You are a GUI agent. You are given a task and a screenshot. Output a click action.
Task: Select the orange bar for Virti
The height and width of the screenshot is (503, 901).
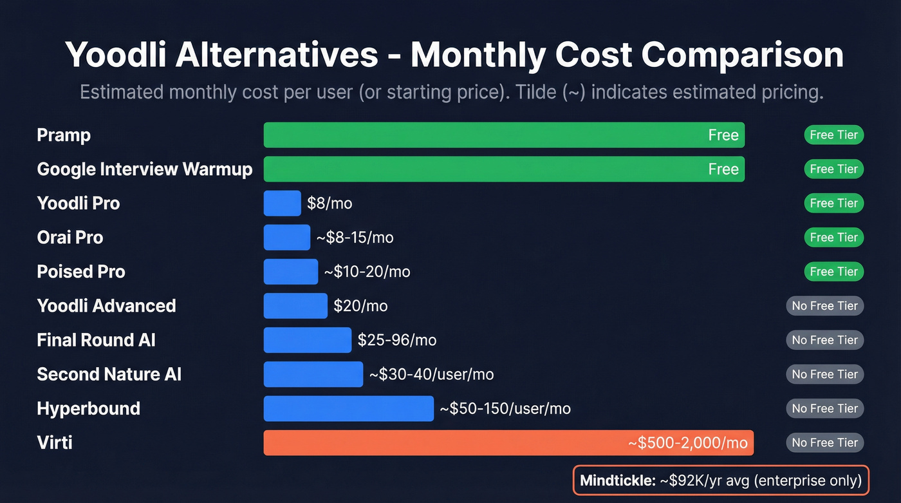click(x=508, y=442)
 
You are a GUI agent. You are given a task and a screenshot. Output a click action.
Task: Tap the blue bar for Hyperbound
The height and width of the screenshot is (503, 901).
click(x=348, y=408)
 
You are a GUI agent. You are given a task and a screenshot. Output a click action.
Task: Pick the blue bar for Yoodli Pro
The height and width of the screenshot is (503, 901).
click(x=282, y=203)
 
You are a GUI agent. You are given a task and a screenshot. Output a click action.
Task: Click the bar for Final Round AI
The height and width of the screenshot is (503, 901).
click(x=308, y=340)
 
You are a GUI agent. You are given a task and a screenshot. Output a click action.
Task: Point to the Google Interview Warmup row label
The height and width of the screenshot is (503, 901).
click(x=145, y=169)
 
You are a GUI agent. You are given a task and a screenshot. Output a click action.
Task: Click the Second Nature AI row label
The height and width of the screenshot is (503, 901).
click(x=109, y=374)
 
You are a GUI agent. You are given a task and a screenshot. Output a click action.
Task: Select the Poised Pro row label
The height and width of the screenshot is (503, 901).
click(x=81, y=272)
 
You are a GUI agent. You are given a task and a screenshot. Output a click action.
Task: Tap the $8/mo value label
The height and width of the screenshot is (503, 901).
click(x=330, y=204)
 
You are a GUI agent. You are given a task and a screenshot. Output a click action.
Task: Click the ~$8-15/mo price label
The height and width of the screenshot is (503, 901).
click(x=355, y=238)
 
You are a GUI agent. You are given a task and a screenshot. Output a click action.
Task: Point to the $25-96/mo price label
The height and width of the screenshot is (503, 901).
click(x=397, y=340)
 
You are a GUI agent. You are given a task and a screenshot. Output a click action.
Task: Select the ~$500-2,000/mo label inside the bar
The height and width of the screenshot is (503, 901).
click(x=687, y=443)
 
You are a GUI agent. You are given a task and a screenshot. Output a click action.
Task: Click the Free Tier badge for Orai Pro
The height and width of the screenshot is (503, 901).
click(x=833, y=238)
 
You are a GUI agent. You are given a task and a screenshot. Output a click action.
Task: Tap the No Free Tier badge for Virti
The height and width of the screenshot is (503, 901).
click(x=824, y=442)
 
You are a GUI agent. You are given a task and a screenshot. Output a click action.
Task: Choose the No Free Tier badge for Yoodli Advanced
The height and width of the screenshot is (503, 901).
click(x=824, y=306)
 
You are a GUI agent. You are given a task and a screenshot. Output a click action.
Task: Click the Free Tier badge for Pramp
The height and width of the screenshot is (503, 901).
click(x=833, y=135)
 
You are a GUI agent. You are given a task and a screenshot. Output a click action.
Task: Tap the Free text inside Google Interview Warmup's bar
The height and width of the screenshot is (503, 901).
click(x=723, y=169)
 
